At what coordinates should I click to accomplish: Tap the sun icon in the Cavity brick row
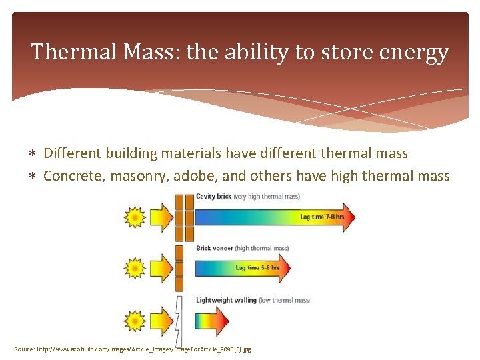click(135, 217)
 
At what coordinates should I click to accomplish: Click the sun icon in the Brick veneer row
click(135, 269)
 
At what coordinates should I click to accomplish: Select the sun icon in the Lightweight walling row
click(135, 320)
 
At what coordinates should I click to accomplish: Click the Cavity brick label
click(213, 197)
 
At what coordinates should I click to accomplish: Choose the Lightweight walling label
click(226, 300)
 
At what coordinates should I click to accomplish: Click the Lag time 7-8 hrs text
click(322, 217)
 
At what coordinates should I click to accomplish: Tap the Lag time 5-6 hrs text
click(257, 269)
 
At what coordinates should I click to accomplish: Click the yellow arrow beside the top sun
click(161, 217)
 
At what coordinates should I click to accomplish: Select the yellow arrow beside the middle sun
click(161, 269)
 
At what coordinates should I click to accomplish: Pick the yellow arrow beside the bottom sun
click(161, 320)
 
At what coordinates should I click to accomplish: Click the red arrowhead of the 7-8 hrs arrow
click(349, 217)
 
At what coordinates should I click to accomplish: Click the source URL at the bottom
click(133, 349)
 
